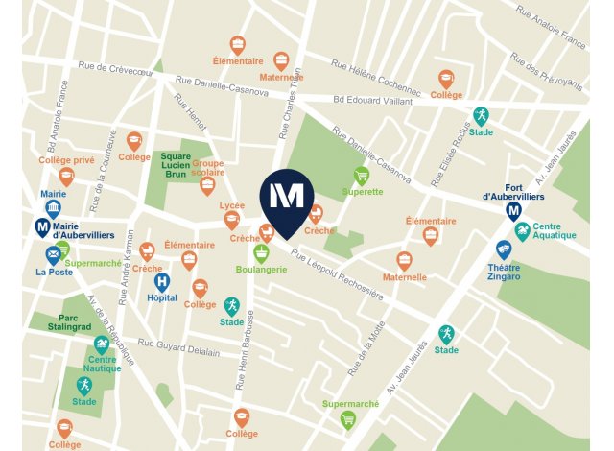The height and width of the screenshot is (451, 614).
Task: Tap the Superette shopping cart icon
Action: click(362, 176)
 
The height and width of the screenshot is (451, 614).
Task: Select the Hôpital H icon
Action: click(162, 282)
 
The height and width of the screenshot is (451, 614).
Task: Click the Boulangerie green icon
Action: click(260, 253)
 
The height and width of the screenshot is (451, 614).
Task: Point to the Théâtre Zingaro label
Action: click(503, 274)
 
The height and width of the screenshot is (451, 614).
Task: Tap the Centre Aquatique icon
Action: click(522, 230)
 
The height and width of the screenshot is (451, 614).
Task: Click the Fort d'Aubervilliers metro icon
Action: click(513, 211)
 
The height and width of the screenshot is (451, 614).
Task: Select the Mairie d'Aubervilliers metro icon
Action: click(42, 226)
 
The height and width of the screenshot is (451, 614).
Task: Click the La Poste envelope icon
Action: click(53, 254)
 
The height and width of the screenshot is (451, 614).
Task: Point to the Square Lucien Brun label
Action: click(176, 165)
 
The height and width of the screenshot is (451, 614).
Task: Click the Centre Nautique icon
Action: click(101, 345)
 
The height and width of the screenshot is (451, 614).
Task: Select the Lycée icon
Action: click(231, 220)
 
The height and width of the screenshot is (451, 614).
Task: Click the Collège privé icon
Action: click(66, 177)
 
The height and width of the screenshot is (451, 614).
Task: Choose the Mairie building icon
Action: click(54, 208)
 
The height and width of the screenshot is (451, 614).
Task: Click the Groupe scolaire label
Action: click(207, 169)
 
